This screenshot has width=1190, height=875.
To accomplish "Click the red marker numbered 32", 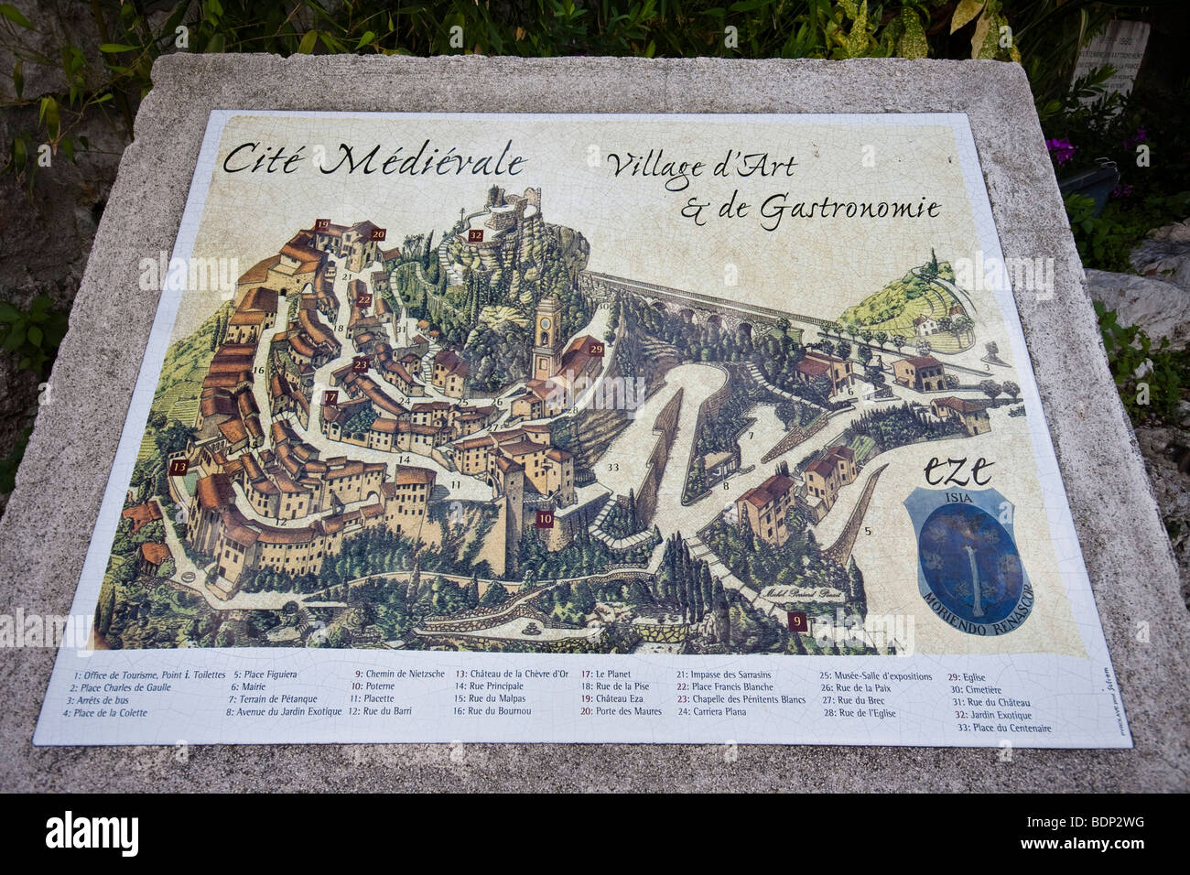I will coord(475,235).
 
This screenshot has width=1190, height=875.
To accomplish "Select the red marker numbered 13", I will coord(179,467).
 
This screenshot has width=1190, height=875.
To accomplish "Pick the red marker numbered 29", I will coord(597,349).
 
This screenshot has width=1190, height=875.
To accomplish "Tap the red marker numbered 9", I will coord(797,621).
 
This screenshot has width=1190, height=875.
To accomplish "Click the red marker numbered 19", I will coord(322,224).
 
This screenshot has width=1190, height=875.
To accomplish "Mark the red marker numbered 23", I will coord(361,363).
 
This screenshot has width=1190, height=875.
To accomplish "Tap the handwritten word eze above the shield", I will coord(957,470).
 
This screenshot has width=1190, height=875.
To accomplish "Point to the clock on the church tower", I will coord(546,322).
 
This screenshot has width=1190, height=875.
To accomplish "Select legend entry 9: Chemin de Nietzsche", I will coord(399,674).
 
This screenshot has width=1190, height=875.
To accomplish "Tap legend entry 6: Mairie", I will coord(247,686).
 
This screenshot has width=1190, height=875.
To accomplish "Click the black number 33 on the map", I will coord(612,468).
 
